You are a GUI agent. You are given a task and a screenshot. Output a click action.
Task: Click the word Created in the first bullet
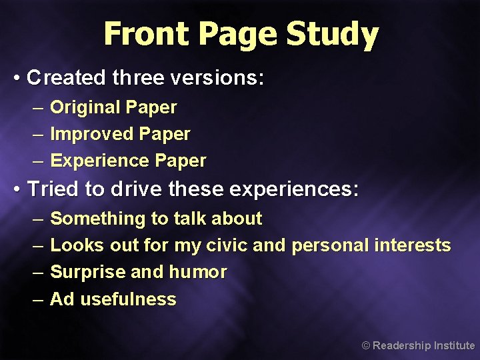[66, 78]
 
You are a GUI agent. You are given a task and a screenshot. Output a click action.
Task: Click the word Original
[85, 107]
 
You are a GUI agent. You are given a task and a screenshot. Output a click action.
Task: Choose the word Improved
[91, 134]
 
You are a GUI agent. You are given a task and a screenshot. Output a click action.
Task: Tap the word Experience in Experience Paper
[99, 161]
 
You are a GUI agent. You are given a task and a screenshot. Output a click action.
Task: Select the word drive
[137, 190]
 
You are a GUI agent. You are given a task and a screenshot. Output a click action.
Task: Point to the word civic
[227, 245]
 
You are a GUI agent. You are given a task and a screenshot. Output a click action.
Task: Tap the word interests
[412, 245]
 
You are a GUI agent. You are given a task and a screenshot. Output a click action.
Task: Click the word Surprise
[85, 272]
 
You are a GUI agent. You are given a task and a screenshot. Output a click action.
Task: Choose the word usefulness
[128, 299]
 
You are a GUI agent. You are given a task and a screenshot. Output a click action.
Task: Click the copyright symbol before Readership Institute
[365, 345]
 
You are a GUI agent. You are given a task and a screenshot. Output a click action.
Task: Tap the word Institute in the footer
[455, 345]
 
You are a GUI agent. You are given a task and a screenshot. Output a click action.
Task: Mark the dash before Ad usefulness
[39, 299]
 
